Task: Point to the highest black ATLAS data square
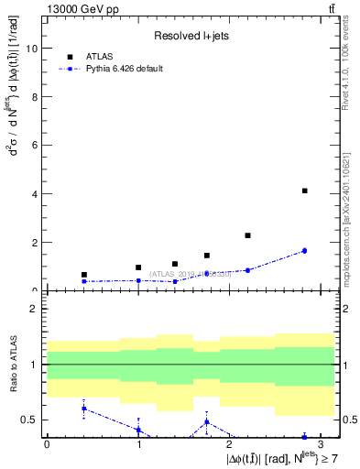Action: click(304, 191)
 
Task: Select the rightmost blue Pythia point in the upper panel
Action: click(304, 250)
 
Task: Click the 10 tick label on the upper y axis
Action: click(31, 49)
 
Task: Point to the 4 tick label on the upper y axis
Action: click(34, 194)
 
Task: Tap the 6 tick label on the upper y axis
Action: click(34, 146)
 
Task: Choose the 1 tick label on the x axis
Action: click(138, 444)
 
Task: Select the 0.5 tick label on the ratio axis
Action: click(29, 420)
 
